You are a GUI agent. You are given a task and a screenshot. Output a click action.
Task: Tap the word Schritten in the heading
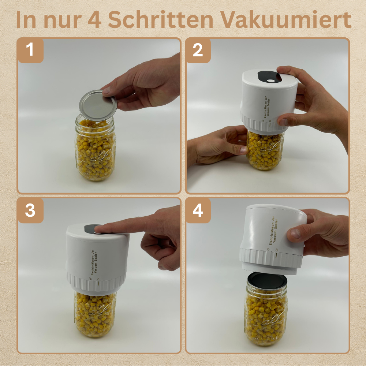click(161, 20)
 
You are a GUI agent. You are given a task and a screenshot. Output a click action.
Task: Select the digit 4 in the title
click(94, 20)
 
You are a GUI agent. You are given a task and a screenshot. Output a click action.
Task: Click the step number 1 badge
click(30, 50)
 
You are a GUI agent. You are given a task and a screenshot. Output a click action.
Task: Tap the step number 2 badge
click(198, 50)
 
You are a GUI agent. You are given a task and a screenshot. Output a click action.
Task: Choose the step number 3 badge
click(30, 210)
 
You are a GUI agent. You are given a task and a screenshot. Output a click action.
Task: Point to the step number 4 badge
click(198, 210)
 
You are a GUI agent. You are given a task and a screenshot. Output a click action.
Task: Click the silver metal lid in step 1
click(98, 105)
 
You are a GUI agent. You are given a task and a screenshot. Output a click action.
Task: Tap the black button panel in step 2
click(270, 77)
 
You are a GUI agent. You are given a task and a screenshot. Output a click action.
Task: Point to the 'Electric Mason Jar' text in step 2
click(265, 107)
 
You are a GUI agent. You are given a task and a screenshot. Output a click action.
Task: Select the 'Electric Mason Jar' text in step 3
click(93, 262)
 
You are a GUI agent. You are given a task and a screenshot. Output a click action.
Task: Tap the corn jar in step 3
click(95, 314)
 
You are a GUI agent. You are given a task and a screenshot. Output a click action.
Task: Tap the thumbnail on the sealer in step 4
click(295, 234)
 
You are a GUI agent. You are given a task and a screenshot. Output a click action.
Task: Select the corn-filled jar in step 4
click(266, 310)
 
